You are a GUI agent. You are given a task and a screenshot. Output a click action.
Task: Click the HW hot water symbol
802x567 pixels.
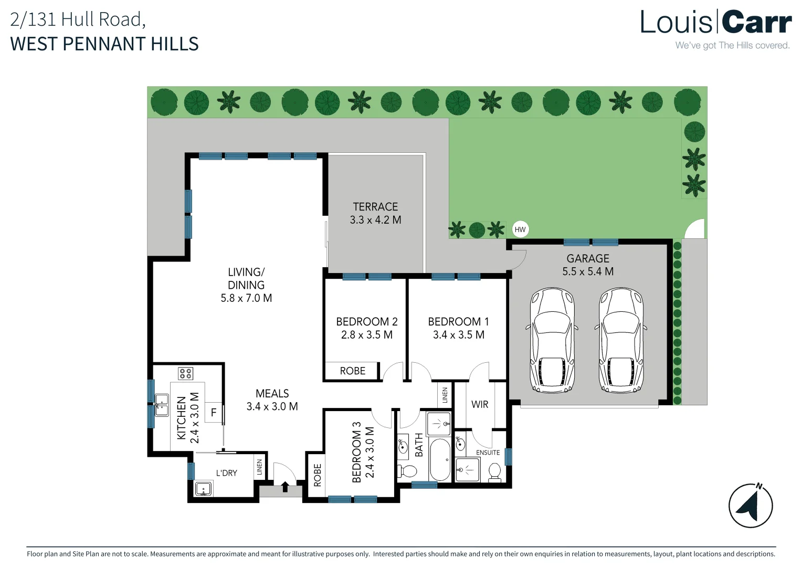[520, 229]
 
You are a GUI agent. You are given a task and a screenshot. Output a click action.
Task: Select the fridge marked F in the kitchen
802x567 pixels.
[214, 412]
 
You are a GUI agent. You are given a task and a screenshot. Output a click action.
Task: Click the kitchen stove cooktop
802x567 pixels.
[185, 374]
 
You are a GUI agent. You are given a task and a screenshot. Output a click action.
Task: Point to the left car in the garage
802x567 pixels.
[552, 340]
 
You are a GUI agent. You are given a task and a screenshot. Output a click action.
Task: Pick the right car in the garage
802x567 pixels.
[620, 340]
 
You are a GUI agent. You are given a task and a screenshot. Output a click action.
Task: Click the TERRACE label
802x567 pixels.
[375, 207]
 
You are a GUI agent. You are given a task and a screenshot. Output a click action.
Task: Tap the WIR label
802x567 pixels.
[480, 404]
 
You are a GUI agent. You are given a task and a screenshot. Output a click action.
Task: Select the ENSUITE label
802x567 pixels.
[488, 453]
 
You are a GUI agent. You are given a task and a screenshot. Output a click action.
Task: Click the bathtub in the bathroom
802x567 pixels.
[440, 459]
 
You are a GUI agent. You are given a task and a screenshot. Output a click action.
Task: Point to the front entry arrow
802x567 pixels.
[285, 486]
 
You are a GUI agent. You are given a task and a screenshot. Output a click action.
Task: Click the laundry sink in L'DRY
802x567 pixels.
[203, 489]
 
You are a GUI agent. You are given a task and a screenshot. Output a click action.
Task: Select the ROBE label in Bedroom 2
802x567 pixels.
[353, 371]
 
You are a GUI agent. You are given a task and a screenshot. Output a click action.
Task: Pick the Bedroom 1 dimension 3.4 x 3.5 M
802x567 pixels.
[459, 334]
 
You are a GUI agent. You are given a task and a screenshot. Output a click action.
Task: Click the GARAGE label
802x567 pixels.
[587, 258]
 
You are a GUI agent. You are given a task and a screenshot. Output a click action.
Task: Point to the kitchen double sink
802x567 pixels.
[162, 405]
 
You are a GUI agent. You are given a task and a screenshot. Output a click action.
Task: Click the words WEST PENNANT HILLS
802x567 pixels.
[104, 44]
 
